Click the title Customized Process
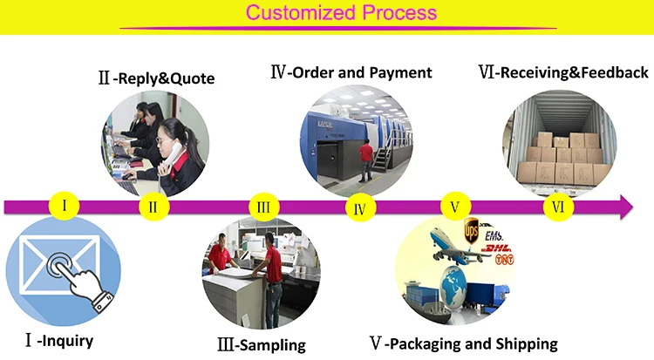coord(341,12)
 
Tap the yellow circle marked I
coord(65,206)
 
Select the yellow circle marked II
coord(153,207)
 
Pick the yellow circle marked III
coord(263,207)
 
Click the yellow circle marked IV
coord(360,208)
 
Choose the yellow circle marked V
coord(455,207)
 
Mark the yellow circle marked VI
coord(558,207)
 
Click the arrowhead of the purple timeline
coord(626,207)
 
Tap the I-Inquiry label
coord(59,341)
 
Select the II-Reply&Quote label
coord(156,78)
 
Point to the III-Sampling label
coord(262,345)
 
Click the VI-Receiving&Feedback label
coord(563,72)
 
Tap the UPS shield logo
coord(471,231)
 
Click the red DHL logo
coord(496,248)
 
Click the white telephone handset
coord(172,156)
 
